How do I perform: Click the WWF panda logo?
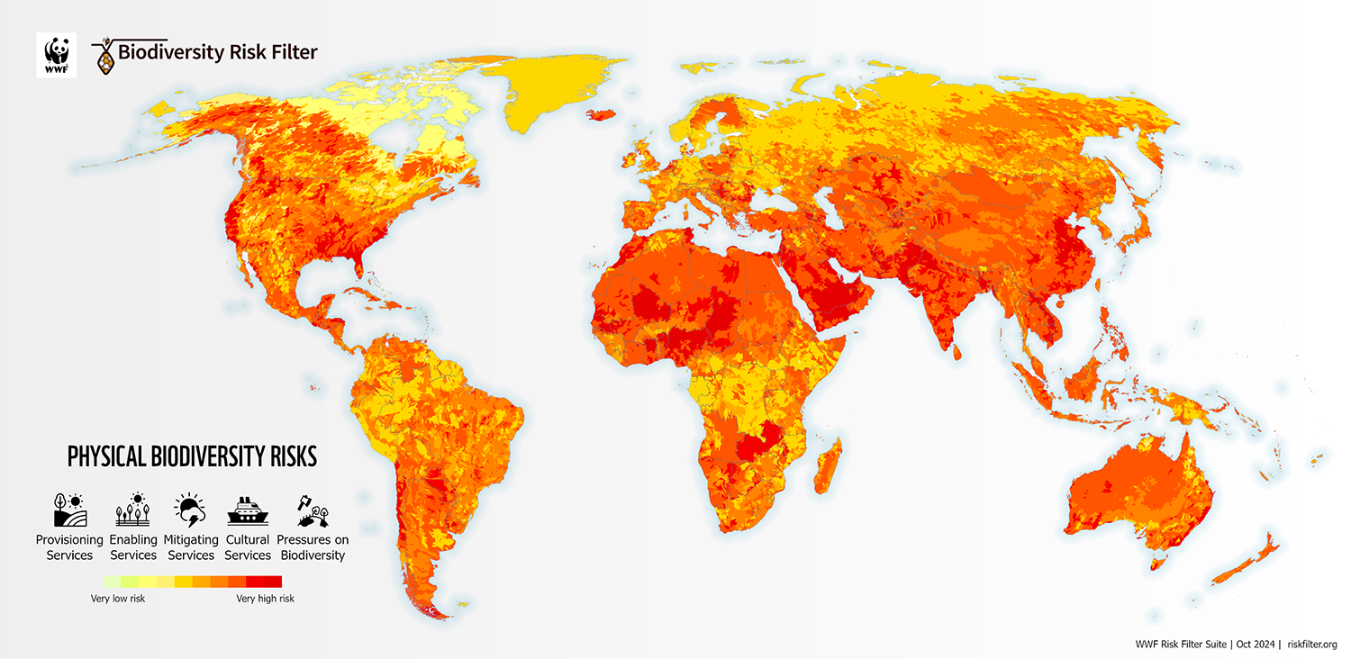point(56,55)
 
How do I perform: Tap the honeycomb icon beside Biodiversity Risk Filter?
point(106,59)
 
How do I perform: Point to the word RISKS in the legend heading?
point(294,456)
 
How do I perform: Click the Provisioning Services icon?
point(68,510)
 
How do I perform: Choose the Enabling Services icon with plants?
point(133,510)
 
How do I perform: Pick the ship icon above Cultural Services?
point(248,510)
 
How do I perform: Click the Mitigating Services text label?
point(191,547)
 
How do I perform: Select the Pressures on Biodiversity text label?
point(313,547)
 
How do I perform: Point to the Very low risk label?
point(118,599)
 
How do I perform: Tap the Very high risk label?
point(265,599)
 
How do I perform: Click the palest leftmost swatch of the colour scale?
point(112,582)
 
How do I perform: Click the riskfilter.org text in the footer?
point(1312,645)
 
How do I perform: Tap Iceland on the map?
point(601,114)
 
